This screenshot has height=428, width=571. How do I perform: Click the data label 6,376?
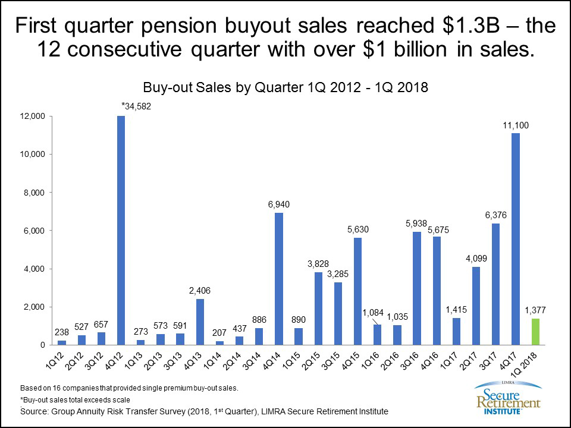[496, 213]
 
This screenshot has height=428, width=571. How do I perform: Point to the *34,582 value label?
[136, 106]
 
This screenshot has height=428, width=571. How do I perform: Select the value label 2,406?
[200, 290]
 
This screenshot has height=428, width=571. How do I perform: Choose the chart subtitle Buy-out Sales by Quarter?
[285, 87]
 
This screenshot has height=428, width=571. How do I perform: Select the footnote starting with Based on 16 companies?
[129, 388]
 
